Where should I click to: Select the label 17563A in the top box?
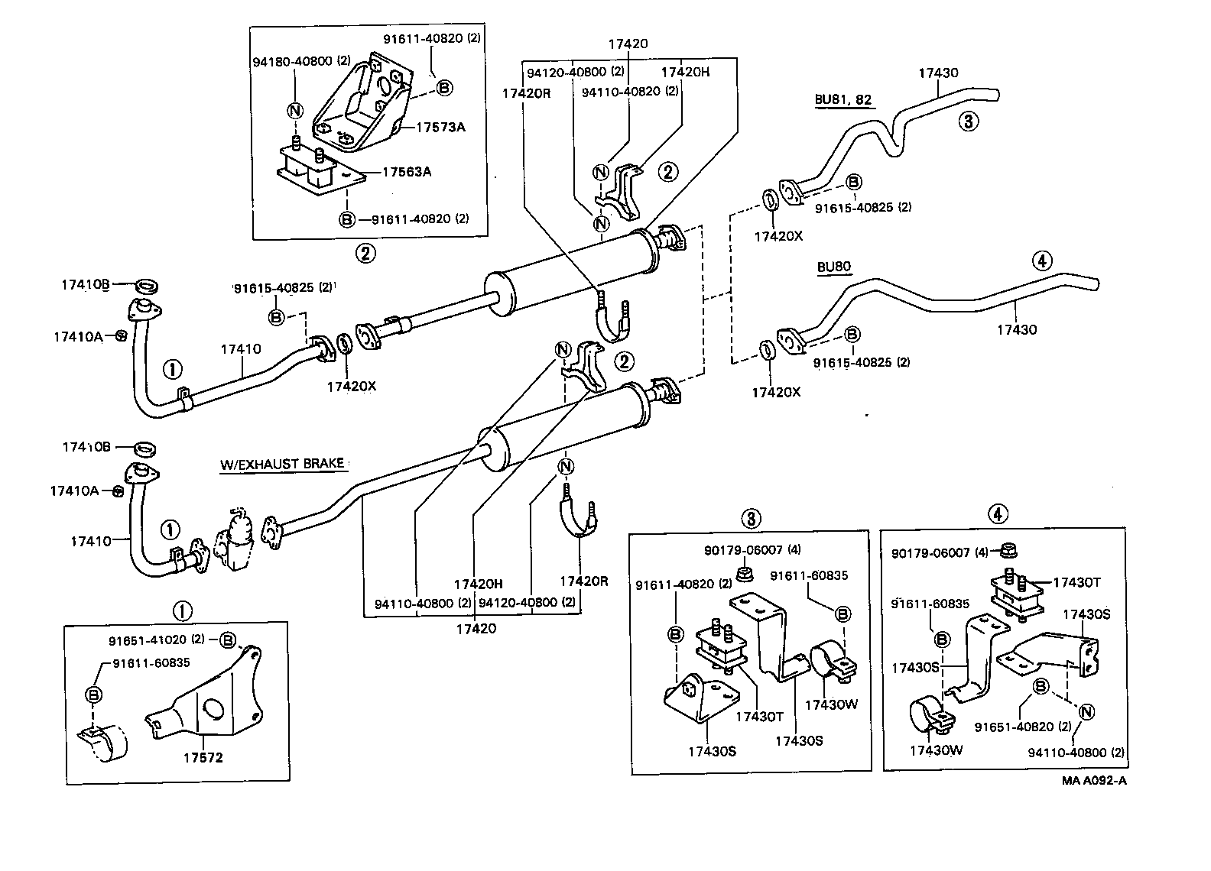pos(406,172)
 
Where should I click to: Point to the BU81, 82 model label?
pos(843,99)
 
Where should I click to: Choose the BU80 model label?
pos(833,267)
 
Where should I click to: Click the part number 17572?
pos(203,758)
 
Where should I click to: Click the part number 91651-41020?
pos(156,639)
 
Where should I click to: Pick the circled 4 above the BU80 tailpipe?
pos(1041,261)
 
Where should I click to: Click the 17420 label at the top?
pos(628,44)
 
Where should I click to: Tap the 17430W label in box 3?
pos(830,704)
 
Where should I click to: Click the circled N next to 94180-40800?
pos(295,110)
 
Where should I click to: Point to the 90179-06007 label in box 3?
pos(742,550)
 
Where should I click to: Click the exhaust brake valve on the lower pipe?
pos(238,538)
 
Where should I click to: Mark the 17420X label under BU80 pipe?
pos(776,392)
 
